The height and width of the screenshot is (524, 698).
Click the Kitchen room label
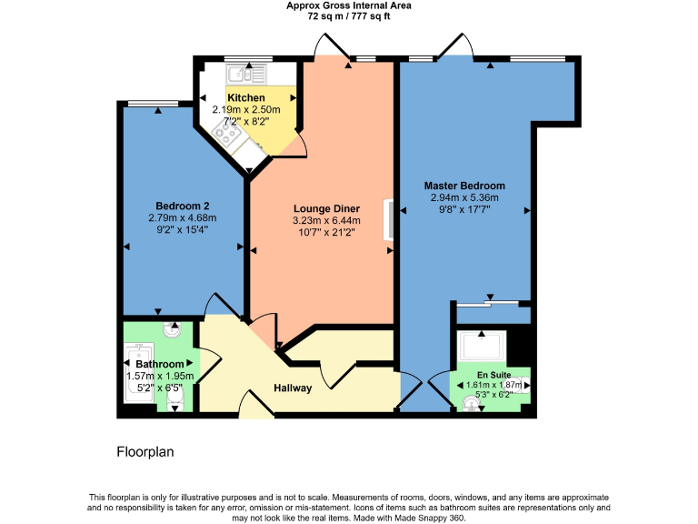pyautogui.click(x=246, y=98)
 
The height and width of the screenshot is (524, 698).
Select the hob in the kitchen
pyautogui.click(x=226, y=136)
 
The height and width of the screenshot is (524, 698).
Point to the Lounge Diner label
pyautogui.click(x=325, y=207)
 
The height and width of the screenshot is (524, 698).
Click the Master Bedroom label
pyautogui.click(x=464, y=186)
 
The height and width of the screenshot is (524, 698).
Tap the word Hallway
pyautogui.click(x=293, y=388)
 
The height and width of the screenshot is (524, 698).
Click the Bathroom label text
pyautogui.click(x=159, y=364)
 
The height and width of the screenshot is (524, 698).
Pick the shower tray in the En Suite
pyautogui.click(x=481, y=346)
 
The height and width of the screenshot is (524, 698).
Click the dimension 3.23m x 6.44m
pyautogui.click(x=326, y=220)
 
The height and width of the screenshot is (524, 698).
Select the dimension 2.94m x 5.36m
pyautogui.click(x=464, y=197)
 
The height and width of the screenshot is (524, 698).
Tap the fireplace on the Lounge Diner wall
pyautogui.click(x=390, y=221)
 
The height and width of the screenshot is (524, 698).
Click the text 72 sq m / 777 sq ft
pyautogui.click(x=349, y=16)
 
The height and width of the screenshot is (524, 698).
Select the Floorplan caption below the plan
pyautogui.click(x=145, y=451)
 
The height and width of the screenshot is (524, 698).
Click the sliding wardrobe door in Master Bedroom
pyautogui.click(x=489, y=303)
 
